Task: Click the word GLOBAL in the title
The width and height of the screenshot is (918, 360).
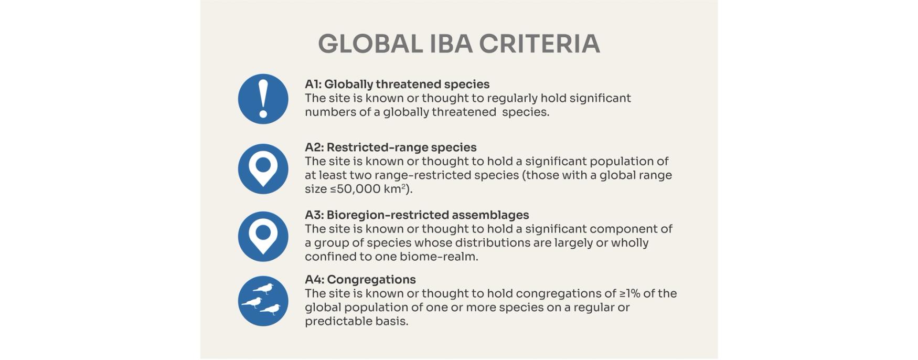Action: tap(370, 44)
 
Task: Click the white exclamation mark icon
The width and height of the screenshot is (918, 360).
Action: tap(263, 99)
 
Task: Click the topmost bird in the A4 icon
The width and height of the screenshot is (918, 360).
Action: tap(264, 289)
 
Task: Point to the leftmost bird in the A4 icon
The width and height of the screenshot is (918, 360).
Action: tap(252, 302)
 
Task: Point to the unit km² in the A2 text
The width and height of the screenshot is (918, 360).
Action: tap(394, 189)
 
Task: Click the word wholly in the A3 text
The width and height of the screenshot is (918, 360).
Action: tap(632, 243)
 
